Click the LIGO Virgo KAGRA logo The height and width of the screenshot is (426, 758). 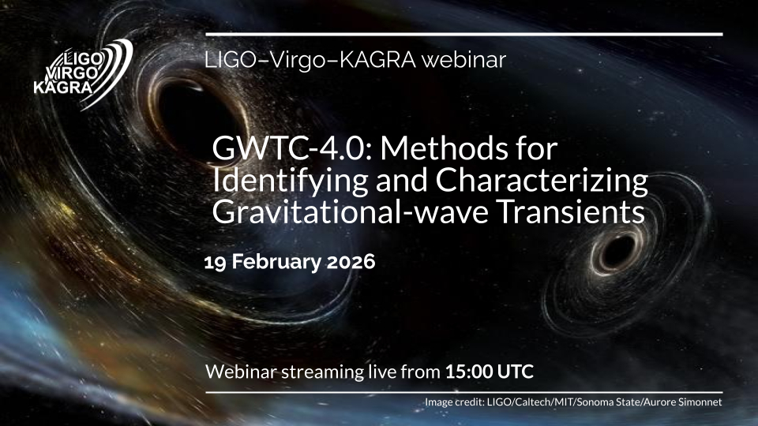[83, 73]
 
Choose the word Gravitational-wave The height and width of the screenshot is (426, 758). [351, 212]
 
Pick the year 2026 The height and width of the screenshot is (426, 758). [351, 262]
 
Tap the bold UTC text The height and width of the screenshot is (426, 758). [516, 372]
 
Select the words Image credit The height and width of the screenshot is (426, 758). [453, 402]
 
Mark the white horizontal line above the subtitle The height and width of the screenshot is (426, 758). [464, 34]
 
